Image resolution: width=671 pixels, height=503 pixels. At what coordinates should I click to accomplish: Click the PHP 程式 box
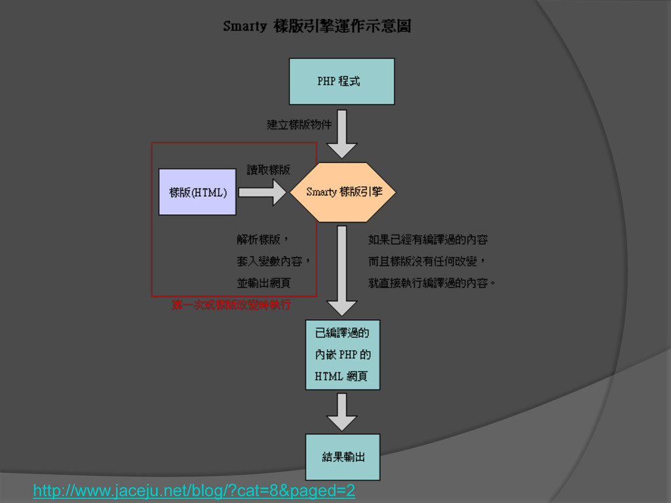[341, 81]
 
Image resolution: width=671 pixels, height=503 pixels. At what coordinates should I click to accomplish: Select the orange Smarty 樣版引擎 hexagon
[343, 192]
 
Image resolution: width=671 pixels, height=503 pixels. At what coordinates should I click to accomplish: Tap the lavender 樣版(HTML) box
[197, 192]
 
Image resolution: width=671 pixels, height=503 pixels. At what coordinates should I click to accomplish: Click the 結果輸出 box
[343, 456]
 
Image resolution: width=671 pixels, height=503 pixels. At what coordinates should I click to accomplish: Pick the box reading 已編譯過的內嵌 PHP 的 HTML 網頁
[343, 354]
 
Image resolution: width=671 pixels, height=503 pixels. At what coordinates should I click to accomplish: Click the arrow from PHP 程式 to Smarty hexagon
[341, 134]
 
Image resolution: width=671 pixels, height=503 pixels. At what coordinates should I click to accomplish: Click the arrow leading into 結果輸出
[341, 412]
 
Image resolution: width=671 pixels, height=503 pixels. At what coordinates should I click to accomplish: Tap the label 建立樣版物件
[299, 124]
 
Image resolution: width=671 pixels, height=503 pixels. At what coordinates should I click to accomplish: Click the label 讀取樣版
[268, 170]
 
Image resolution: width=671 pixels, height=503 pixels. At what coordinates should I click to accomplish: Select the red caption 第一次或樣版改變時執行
[231, 305]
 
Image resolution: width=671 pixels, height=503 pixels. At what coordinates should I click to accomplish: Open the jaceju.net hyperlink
[194, 491]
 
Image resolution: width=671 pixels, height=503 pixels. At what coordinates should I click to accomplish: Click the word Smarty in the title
[244, 27]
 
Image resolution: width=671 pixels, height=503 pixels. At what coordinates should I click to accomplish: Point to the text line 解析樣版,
[263, 240]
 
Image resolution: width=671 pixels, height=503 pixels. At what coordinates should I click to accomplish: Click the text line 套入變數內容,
[273, 261]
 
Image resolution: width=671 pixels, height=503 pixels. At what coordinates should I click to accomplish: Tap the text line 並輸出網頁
[263, 283]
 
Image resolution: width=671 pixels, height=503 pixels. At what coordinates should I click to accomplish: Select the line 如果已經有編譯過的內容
[428, 240]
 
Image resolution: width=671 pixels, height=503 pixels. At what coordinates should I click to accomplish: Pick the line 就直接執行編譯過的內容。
[432, 283]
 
